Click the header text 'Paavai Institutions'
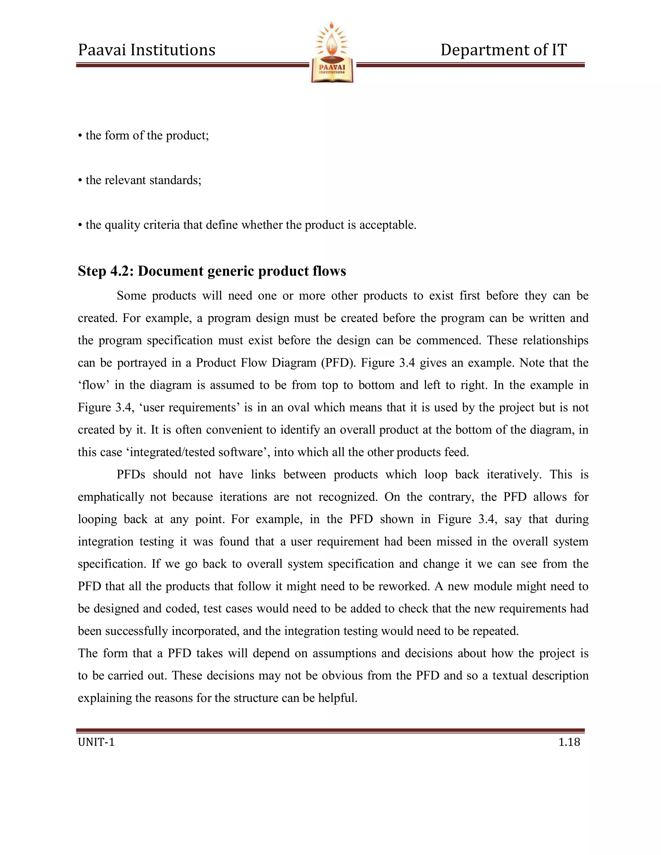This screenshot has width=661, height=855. pos(147,50)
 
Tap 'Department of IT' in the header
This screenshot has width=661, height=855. pos(503,50)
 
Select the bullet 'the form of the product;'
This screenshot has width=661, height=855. pos(143,136)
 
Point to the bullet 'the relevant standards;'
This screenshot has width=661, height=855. pos(139,180)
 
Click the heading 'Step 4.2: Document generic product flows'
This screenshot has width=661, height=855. pos(212,271)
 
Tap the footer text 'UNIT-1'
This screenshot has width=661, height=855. pos(96,742)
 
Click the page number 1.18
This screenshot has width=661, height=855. pos(569,742)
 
